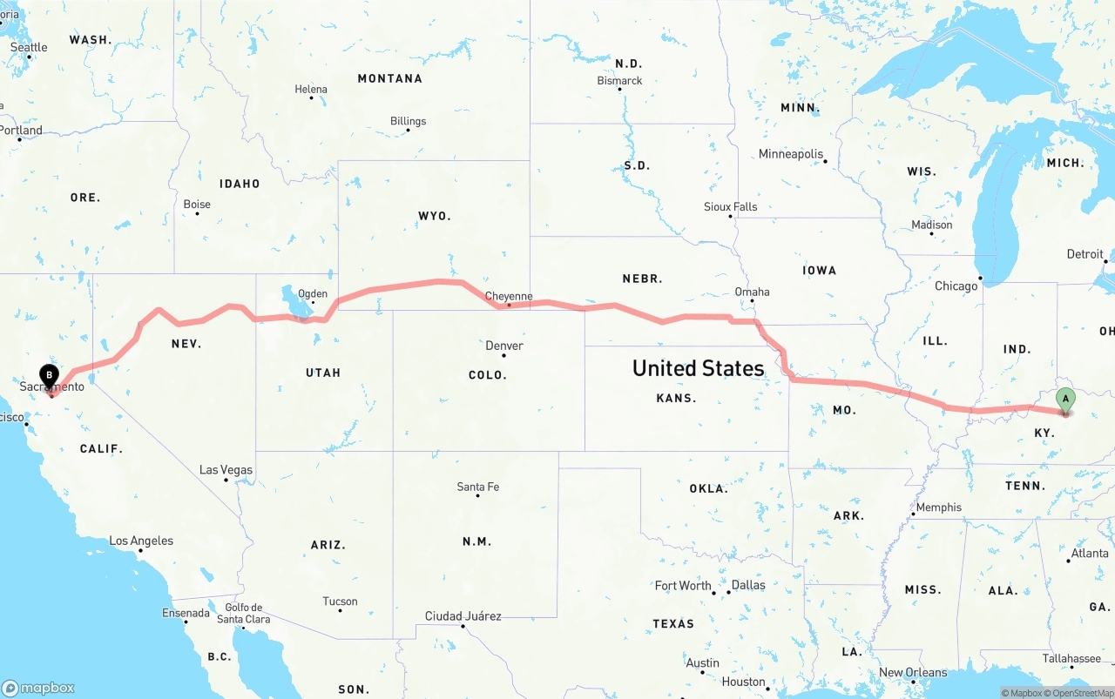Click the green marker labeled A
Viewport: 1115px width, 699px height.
[1064, 400]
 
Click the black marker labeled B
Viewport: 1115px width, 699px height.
[50, 377]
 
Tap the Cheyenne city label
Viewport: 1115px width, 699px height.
[509, 296]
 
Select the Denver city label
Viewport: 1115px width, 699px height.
[504, 346]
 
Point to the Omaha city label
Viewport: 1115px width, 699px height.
[752, 292]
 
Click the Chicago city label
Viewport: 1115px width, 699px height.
[956, 286]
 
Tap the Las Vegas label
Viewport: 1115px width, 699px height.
[226, 470]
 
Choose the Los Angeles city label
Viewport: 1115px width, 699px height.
[141, 541]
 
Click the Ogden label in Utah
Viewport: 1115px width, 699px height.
[313, 294]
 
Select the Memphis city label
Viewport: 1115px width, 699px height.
[939, 507]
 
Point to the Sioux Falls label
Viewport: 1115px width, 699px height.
[731, 206]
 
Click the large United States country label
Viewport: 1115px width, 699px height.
[698, 368]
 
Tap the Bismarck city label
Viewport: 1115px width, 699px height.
[619, 81]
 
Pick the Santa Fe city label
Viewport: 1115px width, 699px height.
[478, 487]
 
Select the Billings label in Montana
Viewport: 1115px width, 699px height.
[408, 121]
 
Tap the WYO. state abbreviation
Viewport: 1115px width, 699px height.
[435, 215]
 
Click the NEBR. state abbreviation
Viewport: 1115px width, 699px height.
[642, 279]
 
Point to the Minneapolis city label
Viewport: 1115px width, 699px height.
[791, 154]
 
